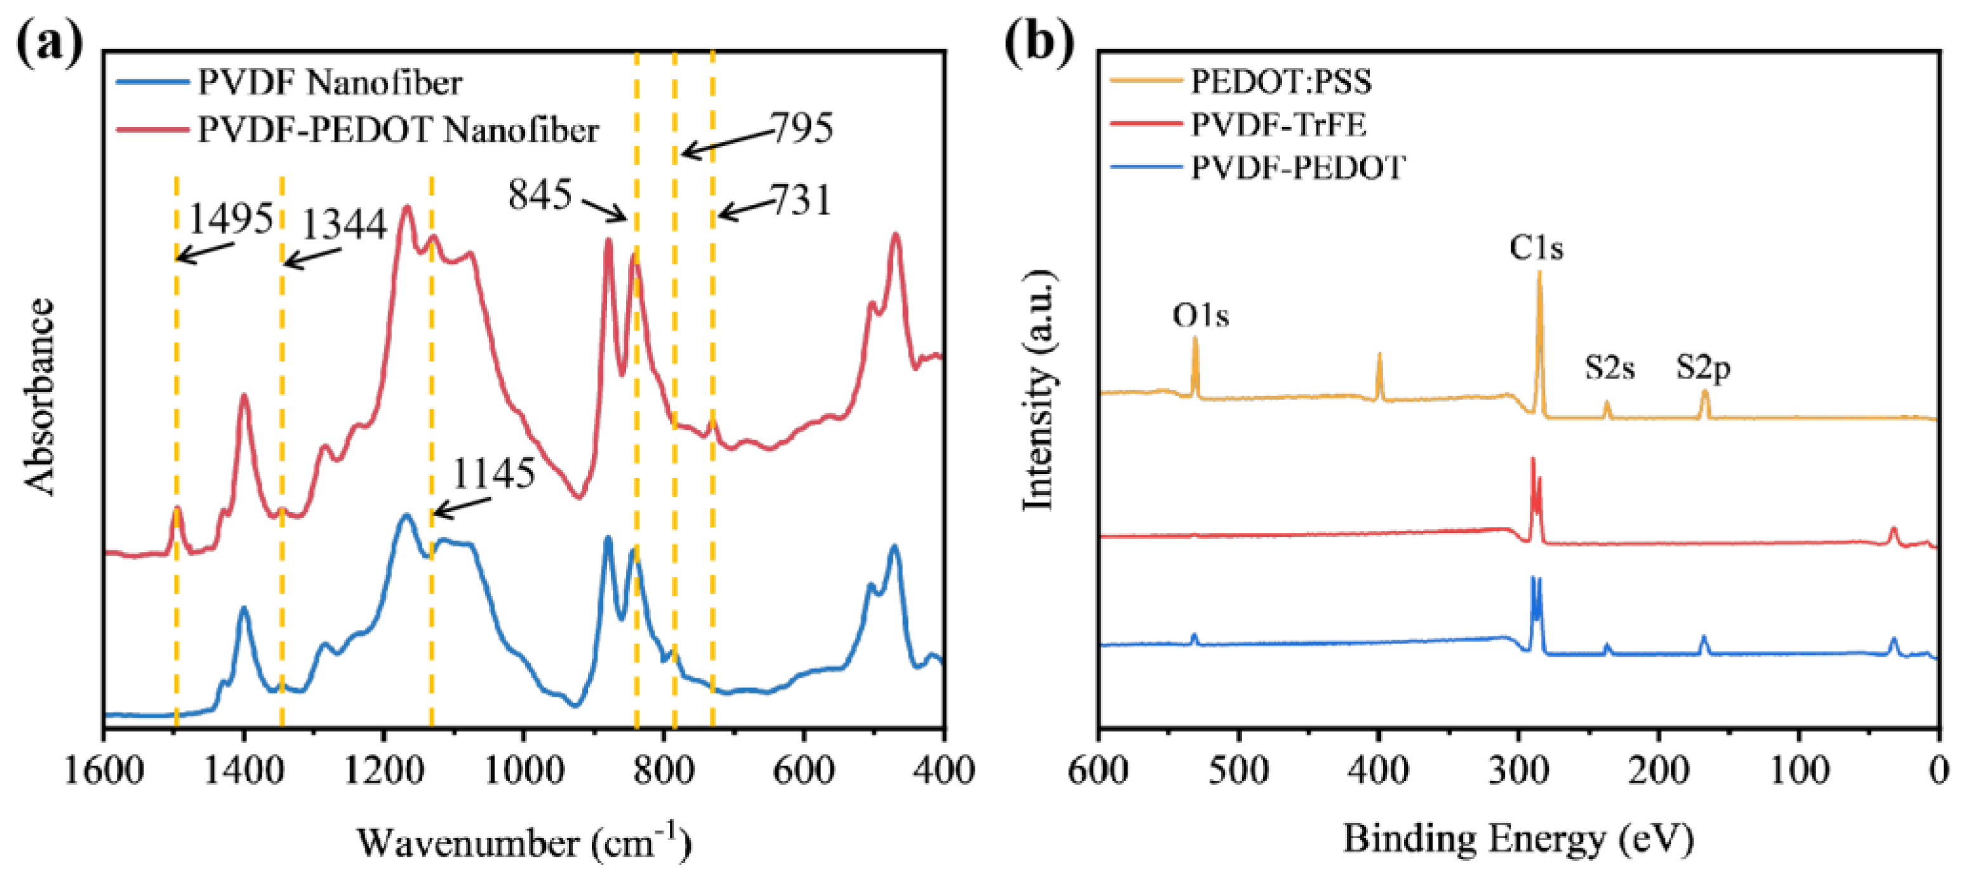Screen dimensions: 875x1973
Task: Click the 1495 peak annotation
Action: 231,220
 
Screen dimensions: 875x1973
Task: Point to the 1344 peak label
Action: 344,225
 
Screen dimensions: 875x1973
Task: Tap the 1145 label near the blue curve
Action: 493,474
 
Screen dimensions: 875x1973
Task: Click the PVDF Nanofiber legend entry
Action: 330,82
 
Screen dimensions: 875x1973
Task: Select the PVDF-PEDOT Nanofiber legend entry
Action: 398,130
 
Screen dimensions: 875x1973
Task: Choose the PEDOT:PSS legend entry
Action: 1281,81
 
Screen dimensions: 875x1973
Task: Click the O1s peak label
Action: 1200,315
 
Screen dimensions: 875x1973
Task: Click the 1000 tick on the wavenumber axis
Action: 523,770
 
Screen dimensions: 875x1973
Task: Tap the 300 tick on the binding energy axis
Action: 1519,770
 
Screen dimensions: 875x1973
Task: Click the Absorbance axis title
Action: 40,396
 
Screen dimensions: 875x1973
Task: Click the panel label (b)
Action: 1039,42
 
